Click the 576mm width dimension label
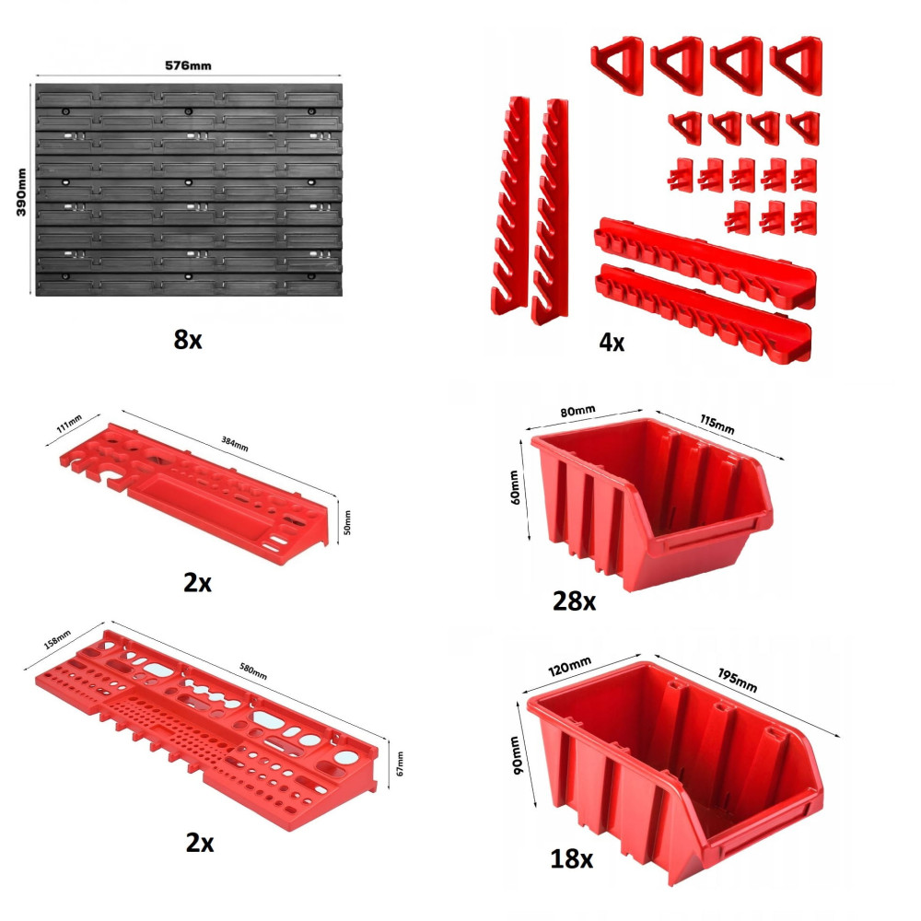pyautogui.click(x=188, y=65)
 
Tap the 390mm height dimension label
pyautogui.click(x=21, y=192)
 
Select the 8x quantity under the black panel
pyautogui.click(x=188, y=340)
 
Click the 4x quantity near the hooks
pyautogui.click(x=612, y=342)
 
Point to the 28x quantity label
pyautogui.click(x=575, y=600)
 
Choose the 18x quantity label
pyautogui.click(x=572, y=858)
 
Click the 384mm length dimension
pyautogui.click(x=234, y=444)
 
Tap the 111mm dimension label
pyautogui.click(x=69, y=424)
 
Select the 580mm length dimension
pyautogui.click(x=253, y=671)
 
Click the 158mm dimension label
pyautogui.click(x=57, y=640)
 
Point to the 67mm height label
pyautogui.click(x=400, y=763)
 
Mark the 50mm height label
pyautogui.click(x=347, y=522)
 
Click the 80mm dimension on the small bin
pyautogui.click(x=577, y=411)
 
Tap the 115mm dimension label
pyautogui.click(x=717, y=424)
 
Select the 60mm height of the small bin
pyautogui.click(x=514, y=487)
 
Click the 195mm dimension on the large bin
pyautogui.click(x=737, y=681)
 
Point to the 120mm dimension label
pyautogui.click(x=570, y=666)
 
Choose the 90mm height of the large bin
pyautogui.click(x=515, y=755)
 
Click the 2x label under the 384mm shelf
pyautogui.click(x=197, y=583)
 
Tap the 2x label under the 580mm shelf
pyautogui.click(x=200, y=843)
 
